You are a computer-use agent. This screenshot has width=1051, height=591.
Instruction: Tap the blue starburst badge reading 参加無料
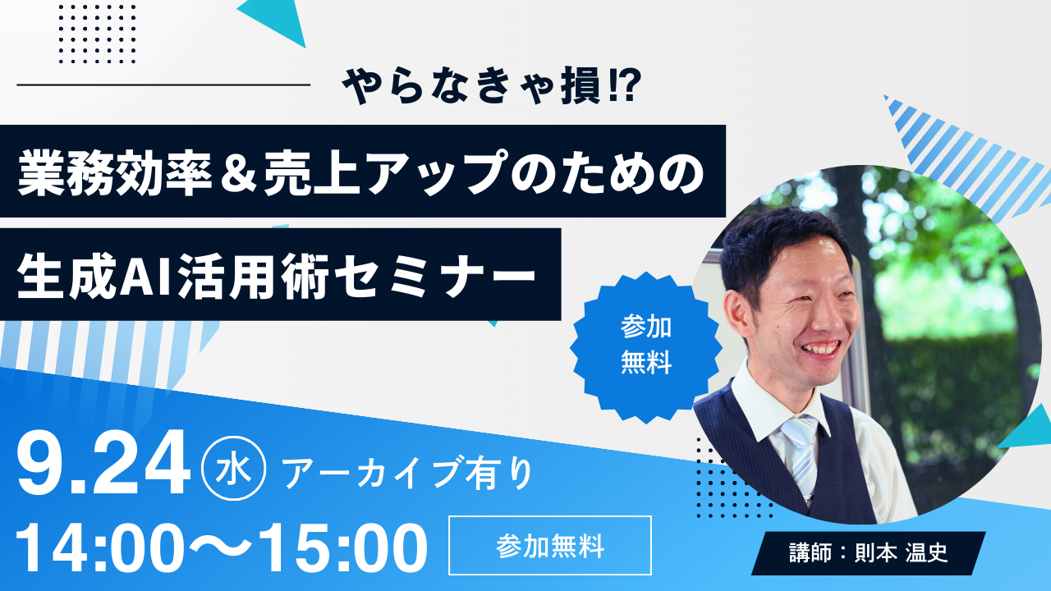[646, 346]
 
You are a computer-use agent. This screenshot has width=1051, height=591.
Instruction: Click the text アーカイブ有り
[407, 474]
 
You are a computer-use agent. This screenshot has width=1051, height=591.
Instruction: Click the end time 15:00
[342, 545]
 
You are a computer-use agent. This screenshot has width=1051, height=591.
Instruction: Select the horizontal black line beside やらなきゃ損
[163, 85]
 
